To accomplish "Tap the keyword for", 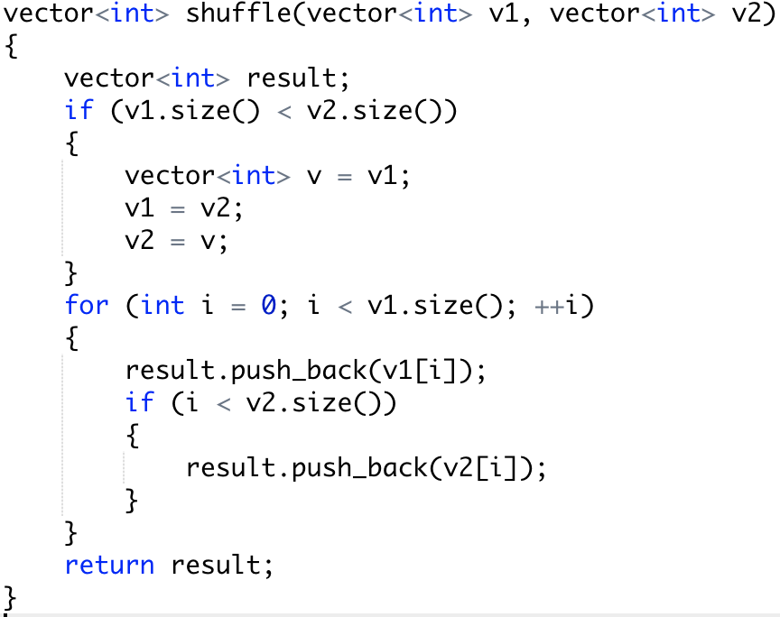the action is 87,305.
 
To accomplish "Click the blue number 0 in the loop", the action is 268,305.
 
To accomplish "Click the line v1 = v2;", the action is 184,207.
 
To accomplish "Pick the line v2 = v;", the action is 177,240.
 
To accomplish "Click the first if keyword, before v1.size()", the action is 79,110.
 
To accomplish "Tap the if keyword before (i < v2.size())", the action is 139,403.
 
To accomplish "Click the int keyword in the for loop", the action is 162,305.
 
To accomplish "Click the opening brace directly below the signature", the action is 11,47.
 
